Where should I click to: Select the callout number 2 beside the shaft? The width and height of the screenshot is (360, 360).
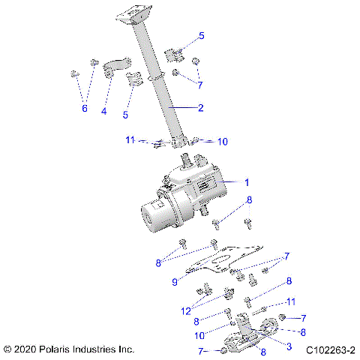pos(200,108)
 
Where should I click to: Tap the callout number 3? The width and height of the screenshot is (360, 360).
pos(289,346)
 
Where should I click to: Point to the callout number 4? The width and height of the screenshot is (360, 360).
pos(104,112)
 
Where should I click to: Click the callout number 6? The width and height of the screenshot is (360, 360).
pos(84,109)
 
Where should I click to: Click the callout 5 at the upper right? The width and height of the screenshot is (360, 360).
pos(200,36)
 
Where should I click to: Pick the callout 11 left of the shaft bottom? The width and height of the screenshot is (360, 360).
pos(130,139)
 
